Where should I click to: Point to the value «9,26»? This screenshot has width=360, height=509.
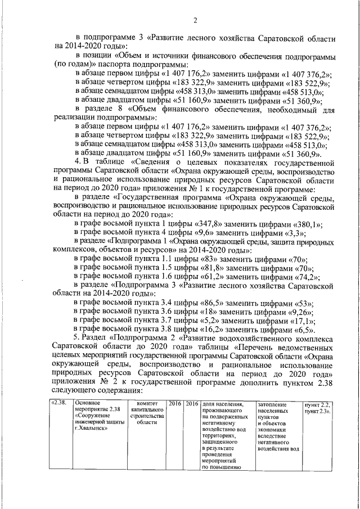[300, 313]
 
